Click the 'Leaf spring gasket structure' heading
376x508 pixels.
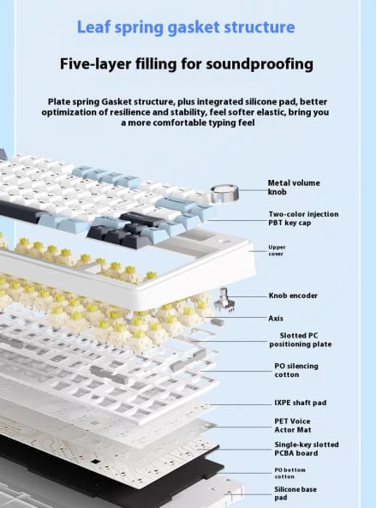[186, 27]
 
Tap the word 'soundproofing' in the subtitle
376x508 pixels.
[260, 64]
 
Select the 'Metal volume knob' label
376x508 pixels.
[294, 188]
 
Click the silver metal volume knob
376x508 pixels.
[224, 192]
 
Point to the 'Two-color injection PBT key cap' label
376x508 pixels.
[303, 218]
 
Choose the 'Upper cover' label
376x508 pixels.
[277, 250]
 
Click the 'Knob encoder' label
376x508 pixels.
[293, 296]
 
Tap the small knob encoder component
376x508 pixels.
[224, 300]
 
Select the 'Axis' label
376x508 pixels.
[276, 319]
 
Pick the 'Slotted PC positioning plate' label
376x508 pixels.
[301, 340]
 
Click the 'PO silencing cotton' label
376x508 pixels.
[296, 370]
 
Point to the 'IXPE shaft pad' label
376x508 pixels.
[301, 403]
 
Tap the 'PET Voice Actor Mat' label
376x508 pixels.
[293, 426]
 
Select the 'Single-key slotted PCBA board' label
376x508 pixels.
[307, 449]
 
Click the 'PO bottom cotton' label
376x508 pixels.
[289, 473]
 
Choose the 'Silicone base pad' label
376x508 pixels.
[295, 493]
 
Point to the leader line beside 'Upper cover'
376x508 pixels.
[258, 251]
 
